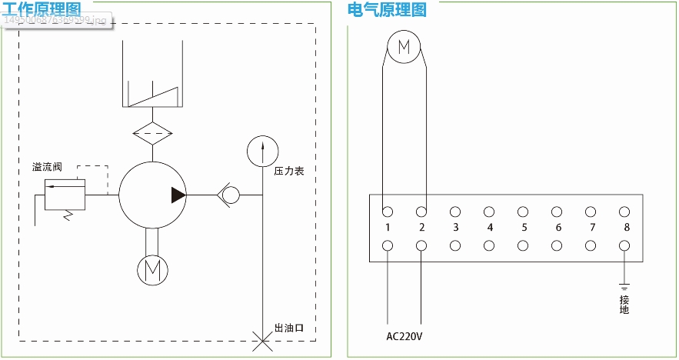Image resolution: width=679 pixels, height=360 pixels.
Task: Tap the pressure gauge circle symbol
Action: click(x=262, y=150)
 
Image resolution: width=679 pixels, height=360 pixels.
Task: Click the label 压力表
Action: click(x=289, y=171)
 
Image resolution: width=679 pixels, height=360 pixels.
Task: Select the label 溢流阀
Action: click(x=47, y=167)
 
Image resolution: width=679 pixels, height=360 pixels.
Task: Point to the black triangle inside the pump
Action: click(x=178, y=195)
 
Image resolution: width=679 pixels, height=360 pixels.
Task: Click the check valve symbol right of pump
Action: click(x=229, y=195)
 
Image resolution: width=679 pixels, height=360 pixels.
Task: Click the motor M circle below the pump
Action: click(x=151, y=268)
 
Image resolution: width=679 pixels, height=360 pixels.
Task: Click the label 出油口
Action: click(x=289, y=328)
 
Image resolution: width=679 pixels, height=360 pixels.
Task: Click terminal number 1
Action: click(x=388, y=228)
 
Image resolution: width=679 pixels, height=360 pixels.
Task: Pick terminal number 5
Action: click(x=524, y=228)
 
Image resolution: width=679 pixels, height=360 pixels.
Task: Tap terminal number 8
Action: click(x=626, y=228)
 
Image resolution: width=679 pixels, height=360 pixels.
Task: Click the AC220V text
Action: click(x=404, y=336)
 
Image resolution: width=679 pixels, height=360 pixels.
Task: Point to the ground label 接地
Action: click(x=624, y=305)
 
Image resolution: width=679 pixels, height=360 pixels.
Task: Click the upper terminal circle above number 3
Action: click(x=455, y=212)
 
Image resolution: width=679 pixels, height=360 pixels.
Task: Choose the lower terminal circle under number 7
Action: click(x=591, y=245)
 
